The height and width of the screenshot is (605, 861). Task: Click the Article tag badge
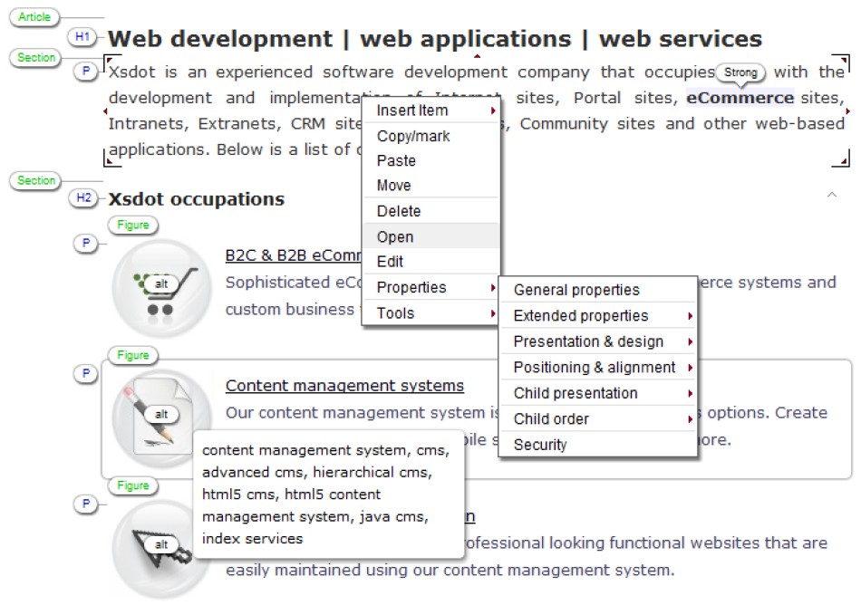pyautogui.click(x=35, y=17)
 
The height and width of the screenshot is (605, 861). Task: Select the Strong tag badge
pyautogui.click(x=740, y=72)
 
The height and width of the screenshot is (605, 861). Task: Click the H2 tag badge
pyautogui.click(x=83, y=197)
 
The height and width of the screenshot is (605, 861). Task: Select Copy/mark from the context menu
pyautogui.click(x=413, y=136)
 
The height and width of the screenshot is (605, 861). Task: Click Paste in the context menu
pyautogui.click(x=396, y=160)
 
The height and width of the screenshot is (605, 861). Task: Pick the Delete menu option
pyautogui.click(x=399, y=211)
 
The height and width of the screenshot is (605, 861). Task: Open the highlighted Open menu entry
pyautogui.click(x=395, y=236)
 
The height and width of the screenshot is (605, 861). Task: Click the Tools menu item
pyautogui.click(x=395, y=313)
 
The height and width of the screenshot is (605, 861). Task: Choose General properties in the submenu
pyautogui.click(x=576, y=290)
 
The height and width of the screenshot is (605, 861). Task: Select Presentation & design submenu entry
pyautogui.click(x=588, y=341)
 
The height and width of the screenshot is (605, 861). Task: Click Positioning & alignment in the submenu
pyautogui.click(x=595, y=367)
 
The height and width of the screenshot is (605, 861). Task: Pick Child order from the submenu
pyautogui.click(x=551, y=418)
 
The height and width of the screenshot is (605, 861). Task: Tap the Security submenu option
pyautogui.click(x=540, y=445)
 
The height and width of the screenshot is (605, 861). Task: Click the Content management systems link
pyautogui.click(x=344, y=386)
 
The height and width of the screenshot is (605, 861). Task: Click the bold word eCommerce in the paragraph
pyautogui.click(x=740, y=98)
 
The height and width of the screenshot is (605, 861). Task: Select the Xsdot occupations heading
pyautogui.click(x=196, y=199)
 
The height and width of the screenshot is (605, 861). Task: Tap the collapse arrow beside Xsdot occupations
pyautogui.click(x=832, y=194)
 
